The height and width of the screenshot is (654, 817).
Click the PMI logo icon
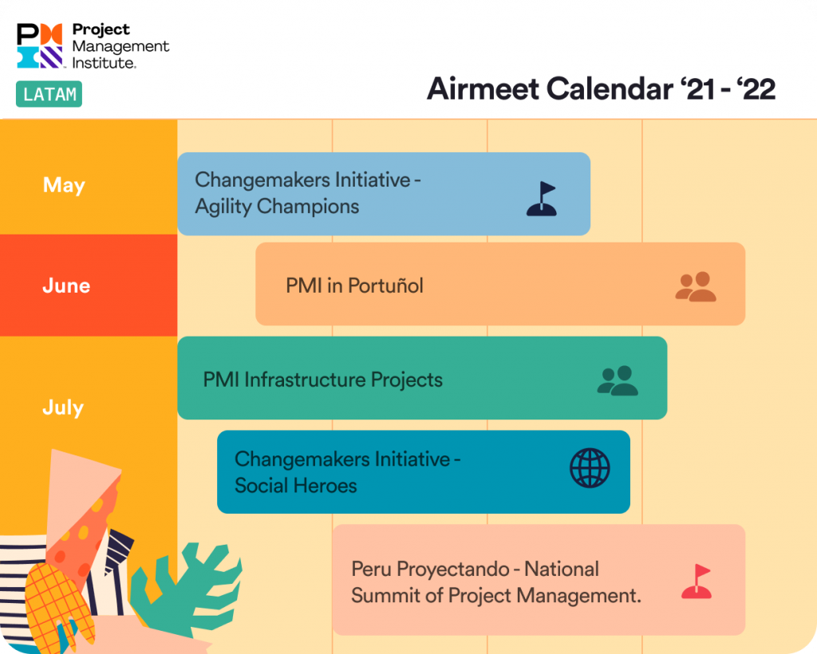point(39,45)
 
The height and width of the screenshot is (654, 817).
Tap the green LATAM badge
point(49,94)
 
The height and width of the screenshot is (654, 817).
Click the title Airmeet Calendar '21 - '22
point(601,89)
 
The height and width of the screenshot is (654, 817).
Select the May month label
point(64,185)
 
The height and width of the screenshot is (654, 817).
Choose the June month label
point(66,286)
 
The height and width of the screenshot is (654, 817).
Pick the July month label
point(63,408)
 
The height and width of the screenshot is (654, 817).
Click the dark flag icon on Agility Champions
point(542,199)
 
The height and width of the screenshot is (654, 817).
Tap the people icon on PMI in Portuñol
point(696,286)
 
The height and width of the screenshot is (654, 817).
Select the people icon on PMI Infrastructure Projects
point(618,380)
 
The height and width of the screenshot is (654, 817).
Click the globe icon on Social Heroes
point(590,468)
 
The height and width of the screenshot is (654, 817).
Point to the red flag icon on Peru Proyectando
point(697,582)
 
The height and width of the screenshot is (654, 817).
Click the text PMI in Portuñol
point(354,286)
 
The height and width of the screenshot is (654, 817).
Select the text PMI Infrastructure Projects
point(322,380)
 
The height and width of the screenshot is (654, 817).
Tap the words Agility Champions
point(277,207)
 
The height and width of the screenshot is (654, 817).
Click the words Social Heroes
point(295,486)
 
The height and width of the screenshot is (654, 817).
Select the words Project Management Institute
point(120,45)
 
